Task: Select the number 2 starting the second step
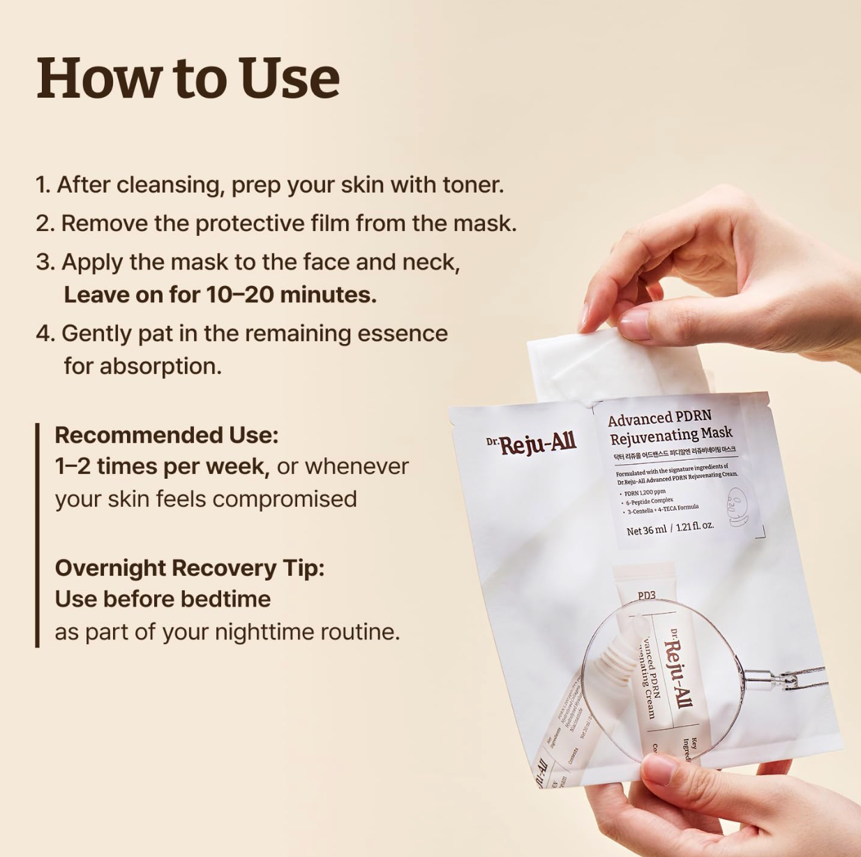click(x=44, y=224)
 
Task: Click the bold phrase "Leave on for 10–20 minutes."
click(x=220, y=295)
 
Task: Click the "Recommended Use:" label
click(x=166, y=435)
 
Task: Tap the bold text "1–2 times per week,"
click(x=162, y=466)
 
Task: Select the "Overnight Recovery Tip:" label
click(x=189, y=568)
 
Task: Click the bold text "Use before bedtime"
click(x=163, y=599)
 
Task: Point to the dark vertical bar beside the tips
click(x=38, y=535)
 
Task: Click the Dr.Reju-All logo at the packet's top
click(x=532, y=442)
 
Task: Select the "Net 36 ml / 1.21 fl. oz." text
click(x=669, y=528)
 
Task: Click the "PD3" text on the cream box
click(x=646, y=595)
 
